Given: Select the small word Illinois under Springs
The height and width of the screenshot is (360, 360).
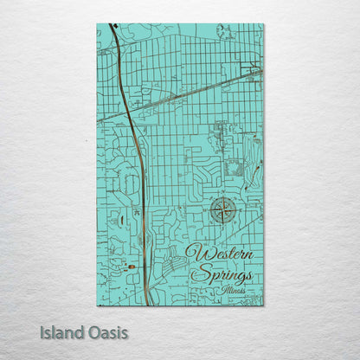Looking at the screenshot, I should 232,290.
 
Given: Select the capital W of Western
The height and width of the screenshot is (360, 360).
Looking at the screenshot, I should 194,254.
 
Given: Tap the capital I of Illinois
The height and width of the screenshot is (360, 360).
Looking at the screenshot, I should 222,290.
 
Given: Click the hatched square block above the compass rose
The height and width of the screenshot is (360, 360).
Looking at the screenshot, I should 236,169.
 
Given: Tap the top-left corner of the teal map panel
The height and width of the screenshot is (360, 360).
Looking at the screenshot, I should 97,24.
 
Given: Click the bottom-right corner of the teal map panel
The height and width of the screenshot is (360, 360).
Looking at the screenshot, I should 264,305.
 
